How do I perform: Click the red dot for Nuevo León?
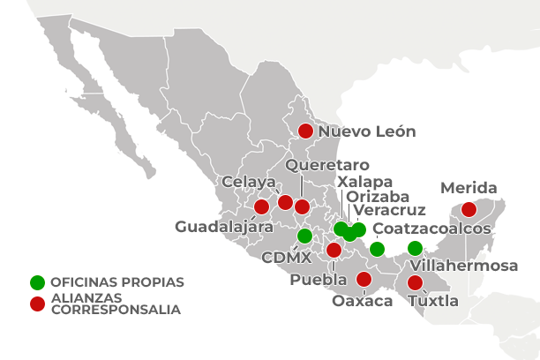(305, 131)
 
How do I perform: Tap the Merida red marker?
(469, 210)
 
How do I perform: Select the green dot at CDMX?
(304, 236)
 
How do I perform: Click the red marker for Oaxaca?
(364, 280)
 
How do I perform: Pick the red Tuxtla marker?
(415, 283)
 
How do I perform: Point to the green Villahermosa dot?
(415, 248)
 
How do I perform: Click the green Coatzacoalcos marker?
(377, 248)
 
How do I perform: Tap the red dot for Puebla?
(334, 250)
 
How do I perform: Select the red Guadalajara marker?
(261, 207)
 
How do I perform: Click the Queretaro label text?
(327, 165)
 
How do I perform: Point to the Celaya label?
(243, 182)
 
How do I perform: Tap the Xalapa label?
(364, 181)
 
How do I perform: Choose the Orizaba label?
(378, 196)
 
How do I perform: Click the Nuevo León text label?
(366, 131)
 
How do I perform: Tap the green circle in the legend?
(37, 282)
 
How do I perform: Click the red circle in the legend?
(37, 304)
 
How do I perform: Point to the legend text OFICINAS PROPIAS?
(116, 282)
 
